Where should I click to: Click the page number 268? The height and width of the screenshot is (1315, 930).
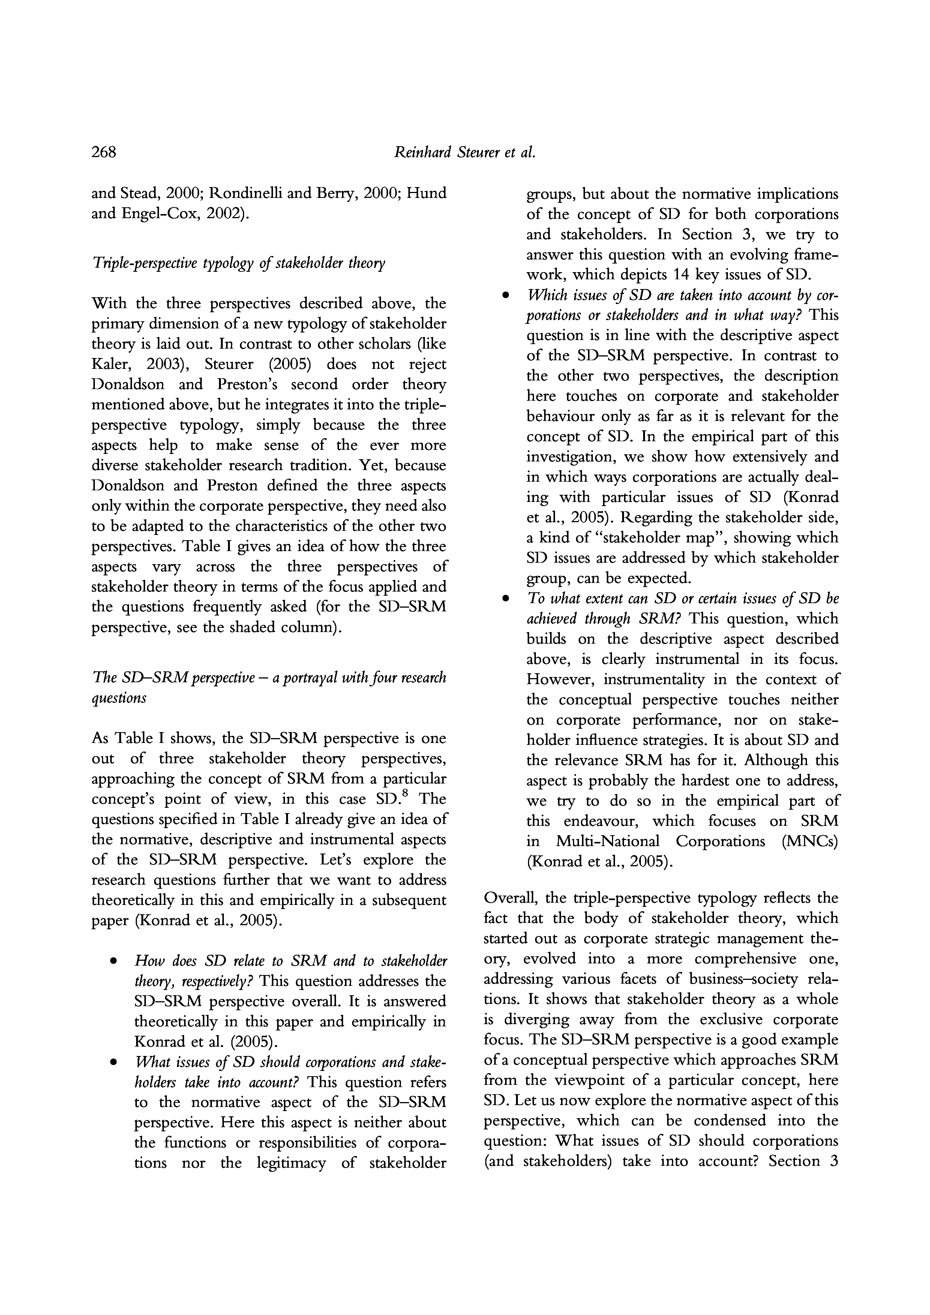click(x=104, y=152)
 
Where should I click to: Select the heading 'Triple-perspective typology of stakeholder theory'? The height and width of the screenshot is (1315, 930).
click(x=238, y=263)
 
